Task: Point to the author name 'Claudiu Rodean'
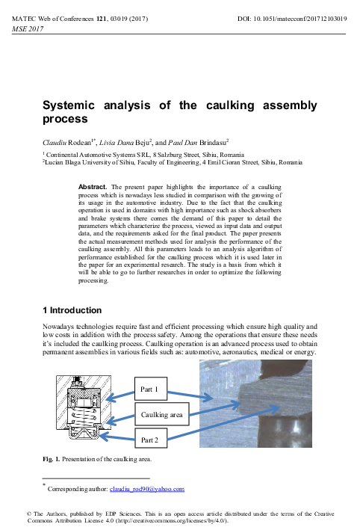(x=67, y=141)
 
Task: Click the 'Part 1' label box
(x=156, y=389)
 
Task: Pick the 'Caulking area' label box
(x=161, y=413)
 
